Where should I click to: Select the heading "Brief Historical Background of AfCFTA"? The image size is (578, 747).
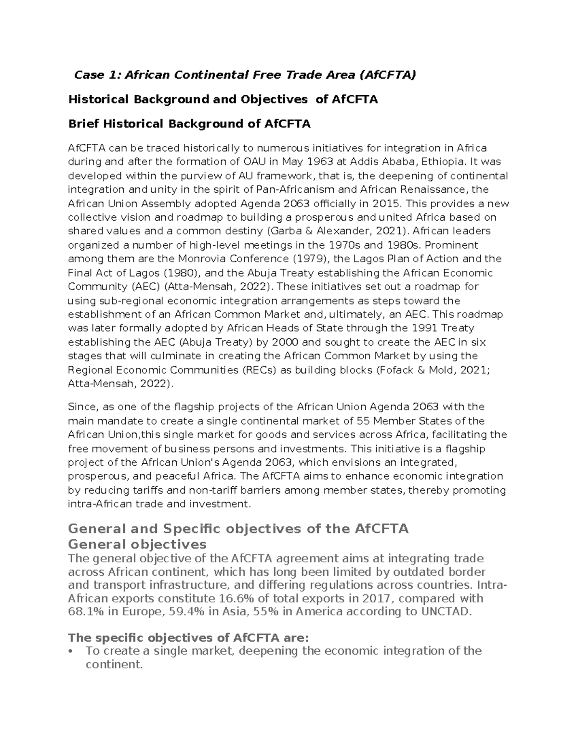pyautogui.click(x=189, y=124)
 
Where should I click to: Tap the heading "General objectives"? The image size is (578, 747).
pyautogui.click(x=137, y=544)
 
